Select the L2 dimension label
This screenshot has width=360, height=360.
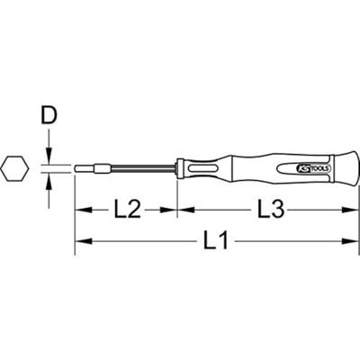point(128,210)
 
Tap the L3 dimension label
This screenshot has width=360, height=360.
point(271,210)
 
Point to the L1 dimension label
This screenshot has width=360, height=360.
point(216,240)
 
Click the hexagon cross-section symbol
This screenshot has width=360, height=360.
point(15,169)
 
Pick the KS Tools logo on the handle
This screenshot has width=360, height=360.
point(311,169)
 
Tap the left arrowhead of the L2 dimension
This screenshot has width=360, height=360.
point(84,210)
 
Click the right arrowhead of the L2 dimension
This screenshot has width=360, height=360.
point(169,210)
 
